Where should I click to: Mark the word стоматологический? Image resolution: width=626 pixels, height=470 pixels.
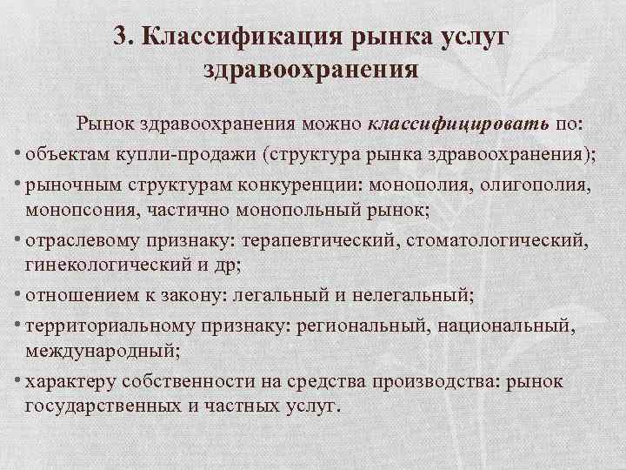click(x=478, y=239)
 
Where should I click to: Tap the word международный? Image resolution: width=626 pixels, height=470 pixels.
click(x=94, y=348)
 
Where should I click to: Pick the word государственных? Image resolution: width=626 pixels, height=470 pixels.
click(x=106, y=406)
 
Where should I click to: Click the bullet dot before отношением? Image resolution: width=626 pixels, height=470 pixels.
click(x=18, y=293)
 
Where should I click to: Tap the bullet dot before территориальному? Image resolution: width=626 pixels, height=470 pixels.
click(x=18, y=323)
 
